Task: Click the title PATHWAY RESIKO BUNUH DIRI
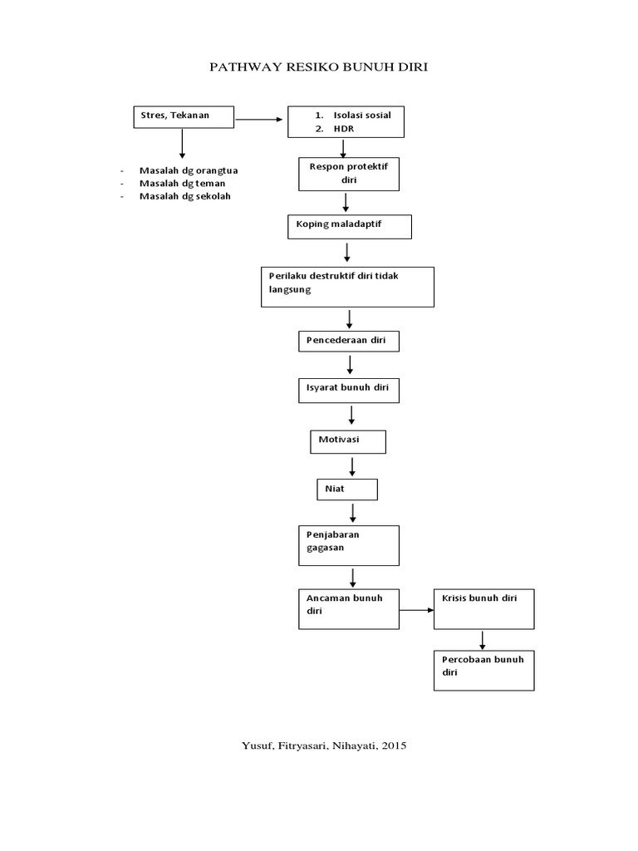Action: click(318, 66)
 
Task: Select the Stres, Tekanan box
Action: click(184, 117)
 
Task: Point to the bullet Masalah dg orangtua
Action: click(189, 170)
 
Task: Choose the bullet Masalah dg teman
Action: click(182, 183)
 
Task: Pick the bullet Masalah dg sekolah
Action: click(185, 196)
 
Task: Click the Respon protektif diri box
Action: click(349, 175)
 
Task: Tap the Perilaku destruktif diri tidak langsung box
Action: click(347, 286)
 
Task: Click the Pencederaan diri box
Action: click(349, 341)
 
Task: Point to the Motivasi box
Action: click(348, 441)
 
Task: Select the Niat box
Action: click(347, 489)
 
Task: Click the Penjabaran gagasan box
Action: click(349, 544)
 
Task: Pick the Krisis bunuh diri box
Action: click(483, 608)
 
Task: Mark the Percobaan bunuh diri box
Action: click(483, 670)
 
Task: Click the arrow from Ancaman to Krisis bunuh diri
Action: click(416, 610)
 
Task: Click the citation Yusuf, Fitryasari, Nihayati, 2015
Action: click(318, 746)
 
